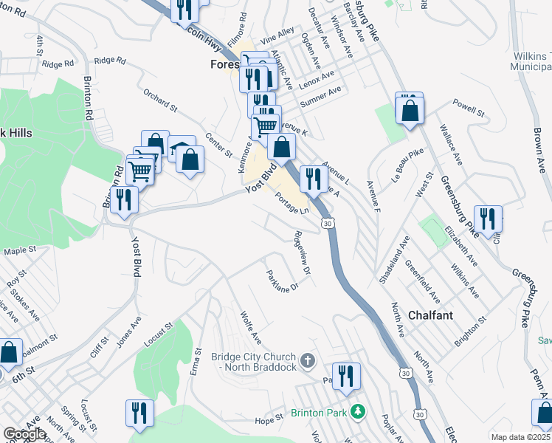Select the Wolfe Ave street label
(251, 327)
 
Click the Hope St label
(269, 421)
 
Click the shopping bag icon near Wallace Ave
(409, 110)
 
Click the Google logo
(24, 434)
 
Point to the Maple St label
(20, 251)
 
